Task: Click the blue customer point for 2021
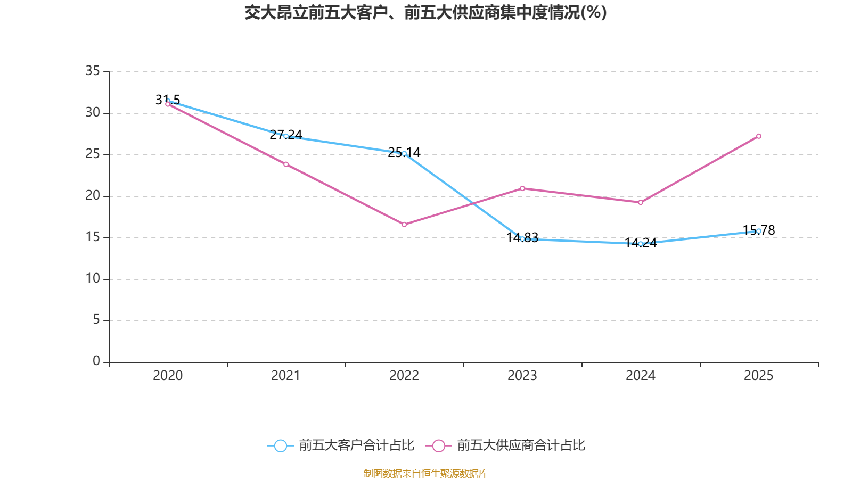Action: [286, 136]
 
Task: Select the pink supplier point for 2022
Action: [404, 225]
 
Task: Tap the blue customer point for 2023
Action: [522, 239]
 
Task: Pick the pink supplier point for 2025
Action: [759, 136]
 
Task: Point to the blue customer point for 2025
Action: [759, 231]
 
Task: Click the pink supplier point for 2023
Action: [522, 188]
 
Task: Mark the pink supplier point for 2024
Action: [641, 202]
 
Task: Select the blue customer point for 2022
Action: [404, 153]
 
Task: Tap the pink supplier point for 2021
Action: [286, 164]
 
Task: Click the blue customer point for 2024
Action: [641, 244]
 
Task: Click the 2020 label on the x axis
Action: [168, 376]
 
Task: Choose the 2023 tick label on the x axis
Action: [522, 376]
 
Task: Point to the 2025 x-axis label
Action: [759, 376]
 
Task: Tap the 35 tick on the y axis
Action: [93, 71]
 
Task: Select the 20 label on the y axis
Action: [93, 195]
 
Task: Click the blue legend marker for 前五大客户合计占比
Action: [280, 445]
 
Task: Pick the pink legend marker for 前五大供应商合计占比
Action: [439, 445]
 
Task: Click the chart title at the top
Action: [425, 12]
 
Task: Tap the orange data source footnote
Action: [425, 473]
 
